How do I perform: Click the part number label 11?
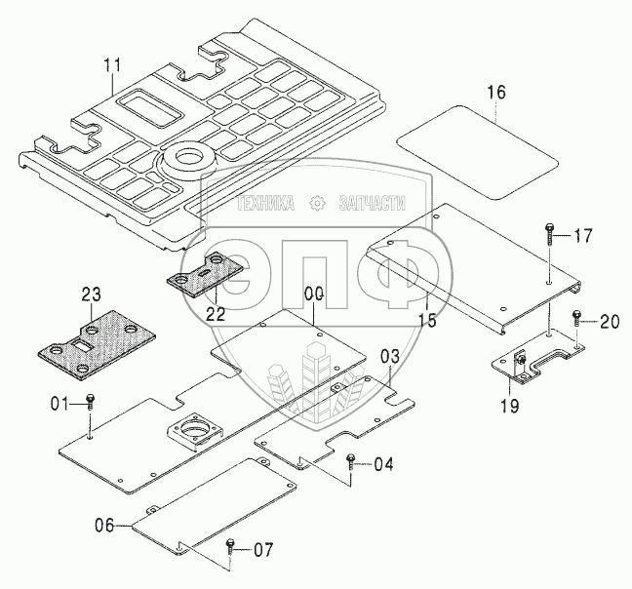click(113, 65)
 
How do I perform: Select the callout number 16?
click(495, 93)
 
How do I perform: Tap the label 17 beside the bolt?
click(583, 235)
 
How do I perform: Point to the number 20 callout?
click(610, 318)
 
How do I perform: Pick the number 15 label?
click(425, 319)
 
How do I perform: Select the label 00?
click(312, 292)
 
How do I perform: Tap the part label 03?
click(389, 356)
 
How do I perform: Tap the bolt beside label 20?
click(577, 317)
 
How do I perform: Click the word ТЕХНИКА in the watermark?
click(264, 203)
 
